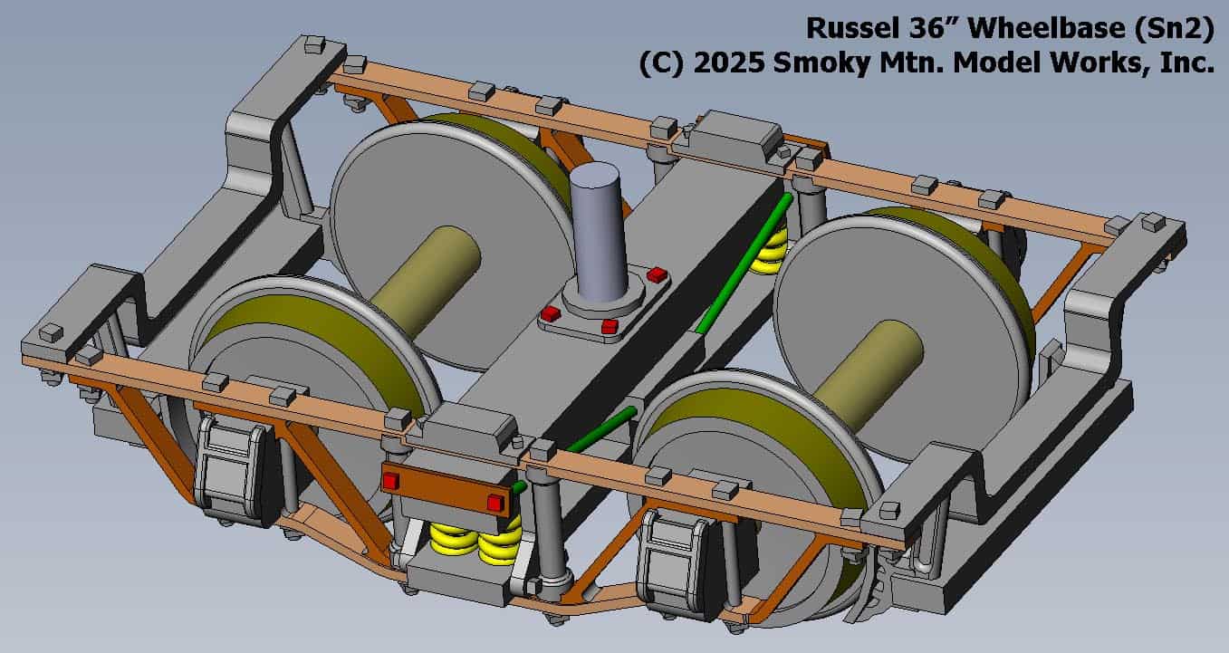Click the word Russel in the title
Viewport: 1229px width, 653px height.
click(846, 28)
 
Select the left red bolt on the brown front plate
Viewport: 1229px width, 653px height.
click(390, 481)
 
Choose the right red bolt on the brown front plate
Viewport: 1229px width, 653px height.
click(494, 502)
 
